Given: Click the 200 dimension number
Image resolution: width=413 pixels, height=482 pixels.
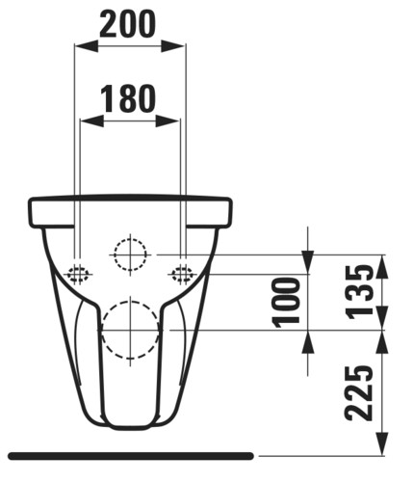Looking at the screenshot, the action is click(x=128, y=24).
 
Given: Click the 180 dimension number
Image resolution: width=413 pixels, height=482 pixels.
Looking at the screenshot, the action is click(x=128, y=98).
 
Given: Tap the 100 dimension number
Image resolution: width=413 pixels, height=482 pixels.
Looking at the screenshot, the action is click(x=286, y=303).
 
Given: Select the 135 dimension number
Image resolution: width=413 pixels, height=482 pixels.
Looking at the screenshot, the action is click(x=360, y=291).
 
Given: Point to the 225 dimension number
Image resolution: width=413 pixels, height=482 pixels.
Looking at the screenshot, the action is click(x=359, y=393).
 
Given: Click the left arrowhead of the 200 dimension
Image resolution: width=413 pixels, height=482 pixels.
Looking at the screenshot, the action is click(x=86, y=46).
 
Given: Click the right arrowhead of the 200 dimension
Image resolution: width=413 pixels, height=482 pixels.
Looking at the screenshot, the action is click(x=172, y=46).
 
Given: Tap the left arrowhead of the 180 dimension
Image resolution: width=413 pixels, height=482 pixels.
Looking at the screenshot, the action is click(x=91, y=121).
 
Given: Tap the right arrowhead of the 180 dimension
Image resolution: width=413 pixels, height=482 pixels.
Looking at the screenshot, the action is click(x=168, y=121).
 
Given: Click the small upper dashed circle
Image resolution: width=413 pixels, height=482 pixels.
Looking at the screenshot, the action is click(x=130, y=239).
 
